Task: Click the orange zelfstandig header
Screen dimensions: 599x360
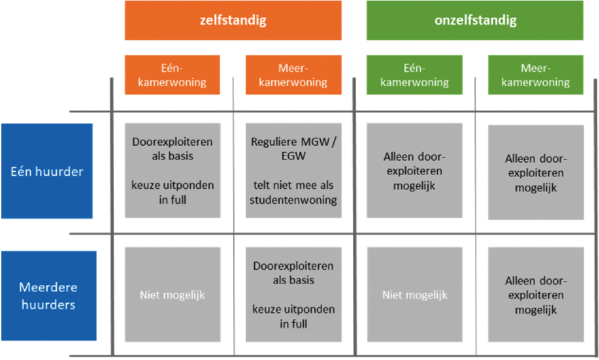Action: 233,20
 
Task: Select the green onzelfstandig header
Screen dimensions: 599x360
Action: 475,20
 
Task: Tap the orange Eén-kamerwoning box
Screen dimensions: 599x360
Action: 172,75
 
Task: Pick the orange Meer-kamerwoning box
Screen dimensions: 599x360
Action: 294,75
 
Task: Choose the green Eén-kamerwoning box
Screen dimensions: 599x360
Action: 414,75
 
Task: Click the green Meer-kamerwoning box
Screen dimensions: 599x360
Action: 536,75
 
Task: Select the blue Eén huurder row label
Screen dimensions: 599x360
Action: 47,171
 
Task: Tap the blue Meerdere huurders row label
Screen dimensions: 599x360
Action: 49,295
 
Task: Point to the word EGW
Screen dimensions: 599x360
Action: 294,156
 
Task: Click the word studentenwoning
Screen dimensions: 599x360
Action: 294,200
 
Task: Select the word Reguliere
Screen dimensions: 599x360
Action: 274,142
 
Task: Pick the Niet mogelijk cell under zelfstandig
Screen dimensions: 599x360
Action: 173,294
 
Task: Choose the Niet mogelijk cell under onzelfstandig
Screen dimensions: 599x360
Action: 415,294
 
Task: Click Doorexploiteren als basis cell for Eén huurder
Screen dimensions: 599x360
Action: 173,170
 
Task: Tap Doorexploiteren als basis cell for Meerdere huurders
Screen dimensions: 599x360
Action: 294,294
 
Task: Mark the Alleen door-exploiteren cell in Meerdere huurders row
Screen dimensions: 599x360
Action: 536,294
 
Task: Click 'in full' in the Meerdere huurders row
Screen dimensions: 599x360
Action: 294,324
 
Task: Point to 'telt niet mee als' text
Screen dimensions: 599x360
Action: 294,185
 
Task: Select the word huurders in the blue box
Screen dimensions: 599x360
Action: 48,305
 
